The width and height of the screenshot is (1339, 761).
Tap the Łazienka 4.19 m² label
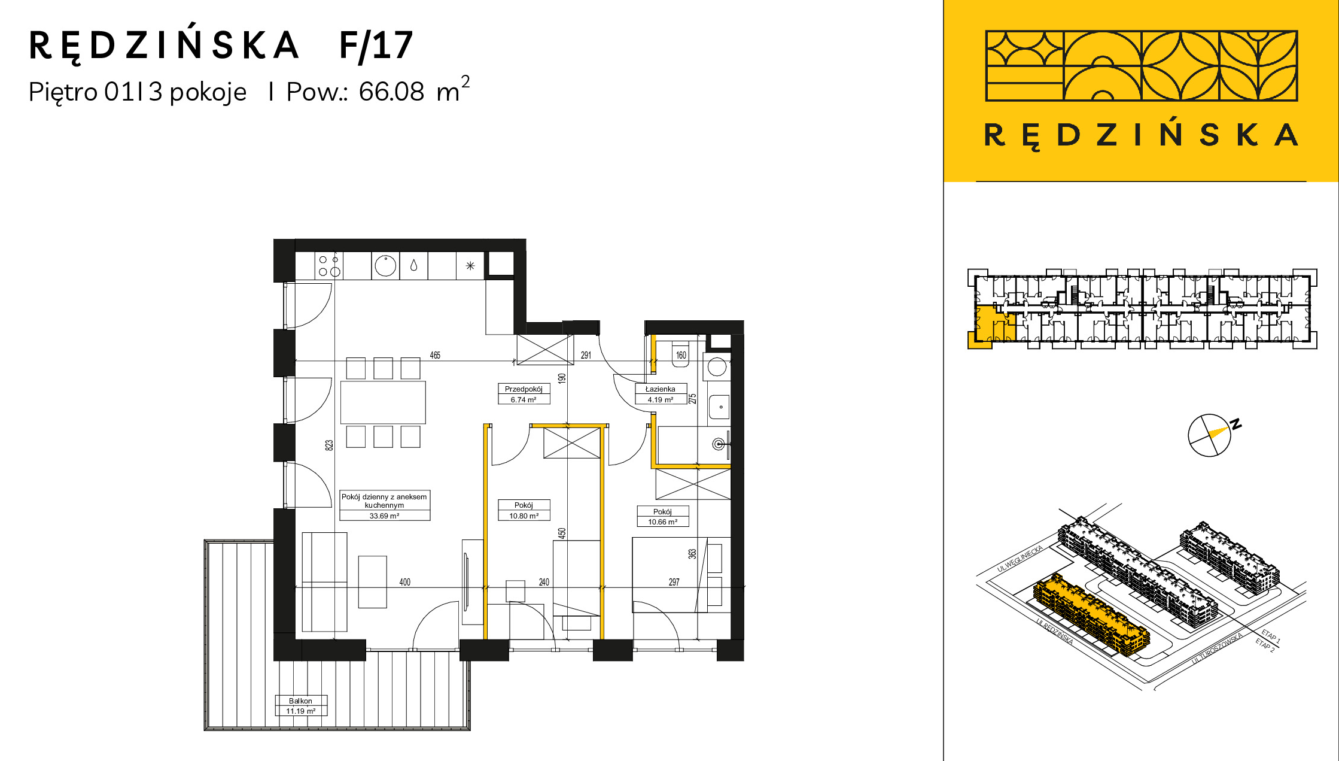point(661,394)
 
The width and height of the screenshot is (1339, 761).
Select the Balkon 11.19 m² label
point(301,705)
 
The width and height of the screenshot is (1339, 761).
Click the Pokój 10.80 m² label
point(524,510)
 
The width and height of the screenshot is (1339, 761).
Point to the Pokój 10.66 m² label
point(662,517)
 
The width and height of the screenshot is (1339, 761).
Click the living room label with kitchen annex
point(385,505)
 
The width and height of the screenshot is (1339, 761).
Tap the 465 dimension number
point(435,355)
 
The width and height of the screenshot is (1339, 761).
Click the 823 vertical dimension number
point(329,445)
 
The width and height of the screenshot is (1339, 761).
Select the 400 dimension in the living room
point(405,582)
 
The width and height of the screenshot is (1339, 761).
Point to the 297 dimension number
point(674,582)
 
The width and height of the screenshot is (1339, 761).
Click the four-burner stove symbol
point(328,266)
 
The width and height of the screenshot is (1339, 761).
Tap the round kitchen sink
point(386,266)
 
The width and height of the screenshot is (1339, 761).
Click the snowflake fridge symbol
point(470,266)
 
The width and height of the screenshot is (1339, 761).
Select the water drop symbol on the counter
point(413,265)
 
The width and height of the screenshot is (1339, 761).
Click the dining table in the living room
point(384,402)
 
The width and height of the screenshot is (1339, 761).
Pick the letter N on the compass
point(1236,425)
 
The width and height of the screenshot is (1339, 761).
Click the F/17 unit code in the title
point(376,46)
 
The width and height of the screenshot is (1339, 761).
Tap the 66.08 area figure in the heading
point(391,92)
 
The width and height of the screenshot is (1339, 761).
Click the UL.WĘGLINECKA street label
point(1020,559)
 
